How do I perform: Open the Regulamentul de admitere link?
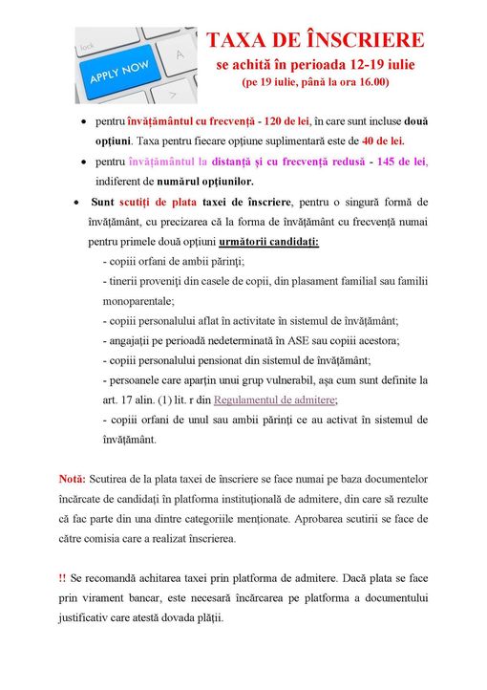[275, 400]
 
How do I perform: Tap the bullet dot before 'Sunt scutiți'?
[74, 203]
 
